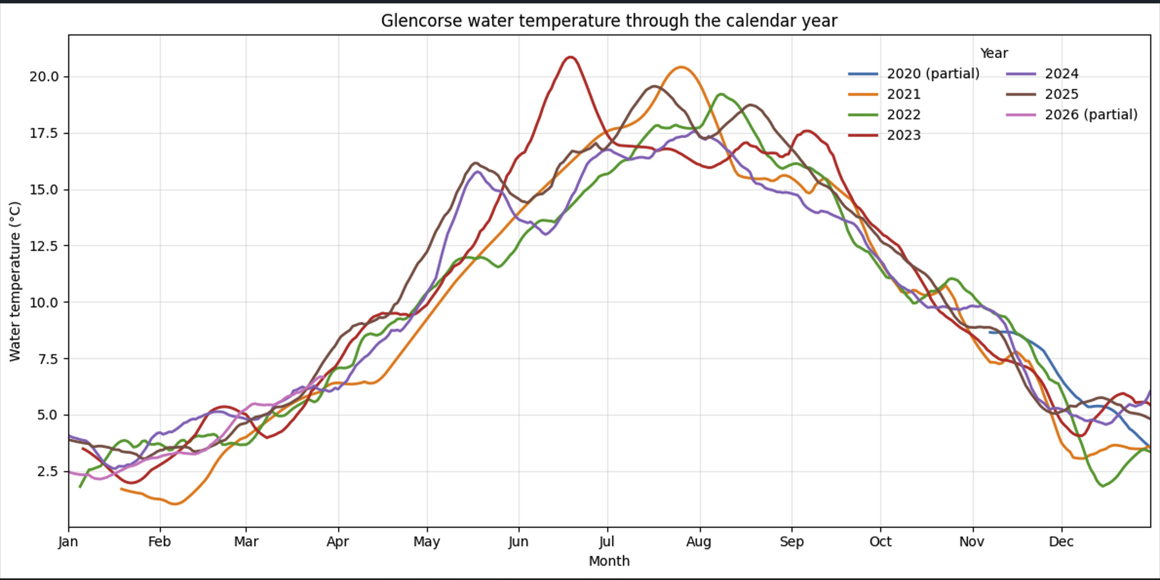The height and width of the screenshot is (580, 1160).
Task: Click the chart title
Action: [609, 21]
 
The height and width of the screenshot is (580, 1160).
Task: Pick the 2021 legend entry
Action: [903, 94]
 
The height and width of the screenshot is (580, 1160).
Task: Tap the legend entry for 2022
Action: [903, 115]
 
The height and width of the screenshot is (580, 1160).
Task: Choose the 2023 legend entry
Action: [903, 135]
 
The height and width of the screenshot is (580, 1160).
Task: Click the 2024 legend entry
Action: [1062, 74]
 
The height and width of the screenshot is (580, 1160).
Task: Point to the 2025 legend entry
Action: [1062, 94]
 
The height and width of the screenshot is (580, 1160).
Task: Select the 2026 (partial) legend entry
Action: [1091, 115]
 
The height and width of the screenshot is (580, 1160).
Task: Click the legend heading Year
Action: [994, 53]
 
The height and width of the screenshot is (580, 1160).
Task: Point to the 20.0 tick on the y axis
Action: [44, 77]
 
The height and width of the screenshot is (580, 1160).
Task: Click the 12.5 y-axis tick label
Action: [44, 246]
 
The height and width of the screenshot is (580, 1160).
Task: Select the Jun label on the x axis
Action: [518, 541]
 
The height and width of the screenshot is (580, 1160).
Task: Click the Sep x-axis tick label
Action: [791, 541]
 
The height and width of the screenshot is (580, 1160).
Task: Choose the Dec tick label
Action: [1061, 541]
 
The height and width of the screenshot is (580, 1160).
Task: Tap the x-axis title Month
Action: [609, 561]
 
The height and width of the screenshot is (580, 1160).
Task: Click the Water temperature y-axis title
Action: [15, 282]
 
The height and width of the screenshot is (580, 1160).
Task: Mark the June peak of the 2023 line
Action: [570, 57]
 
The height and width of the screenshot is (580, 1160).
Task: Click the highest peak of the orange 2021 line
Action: [681, 67]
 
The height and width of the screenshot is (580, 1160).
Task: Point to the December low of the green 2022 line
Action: [1103, 486]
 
